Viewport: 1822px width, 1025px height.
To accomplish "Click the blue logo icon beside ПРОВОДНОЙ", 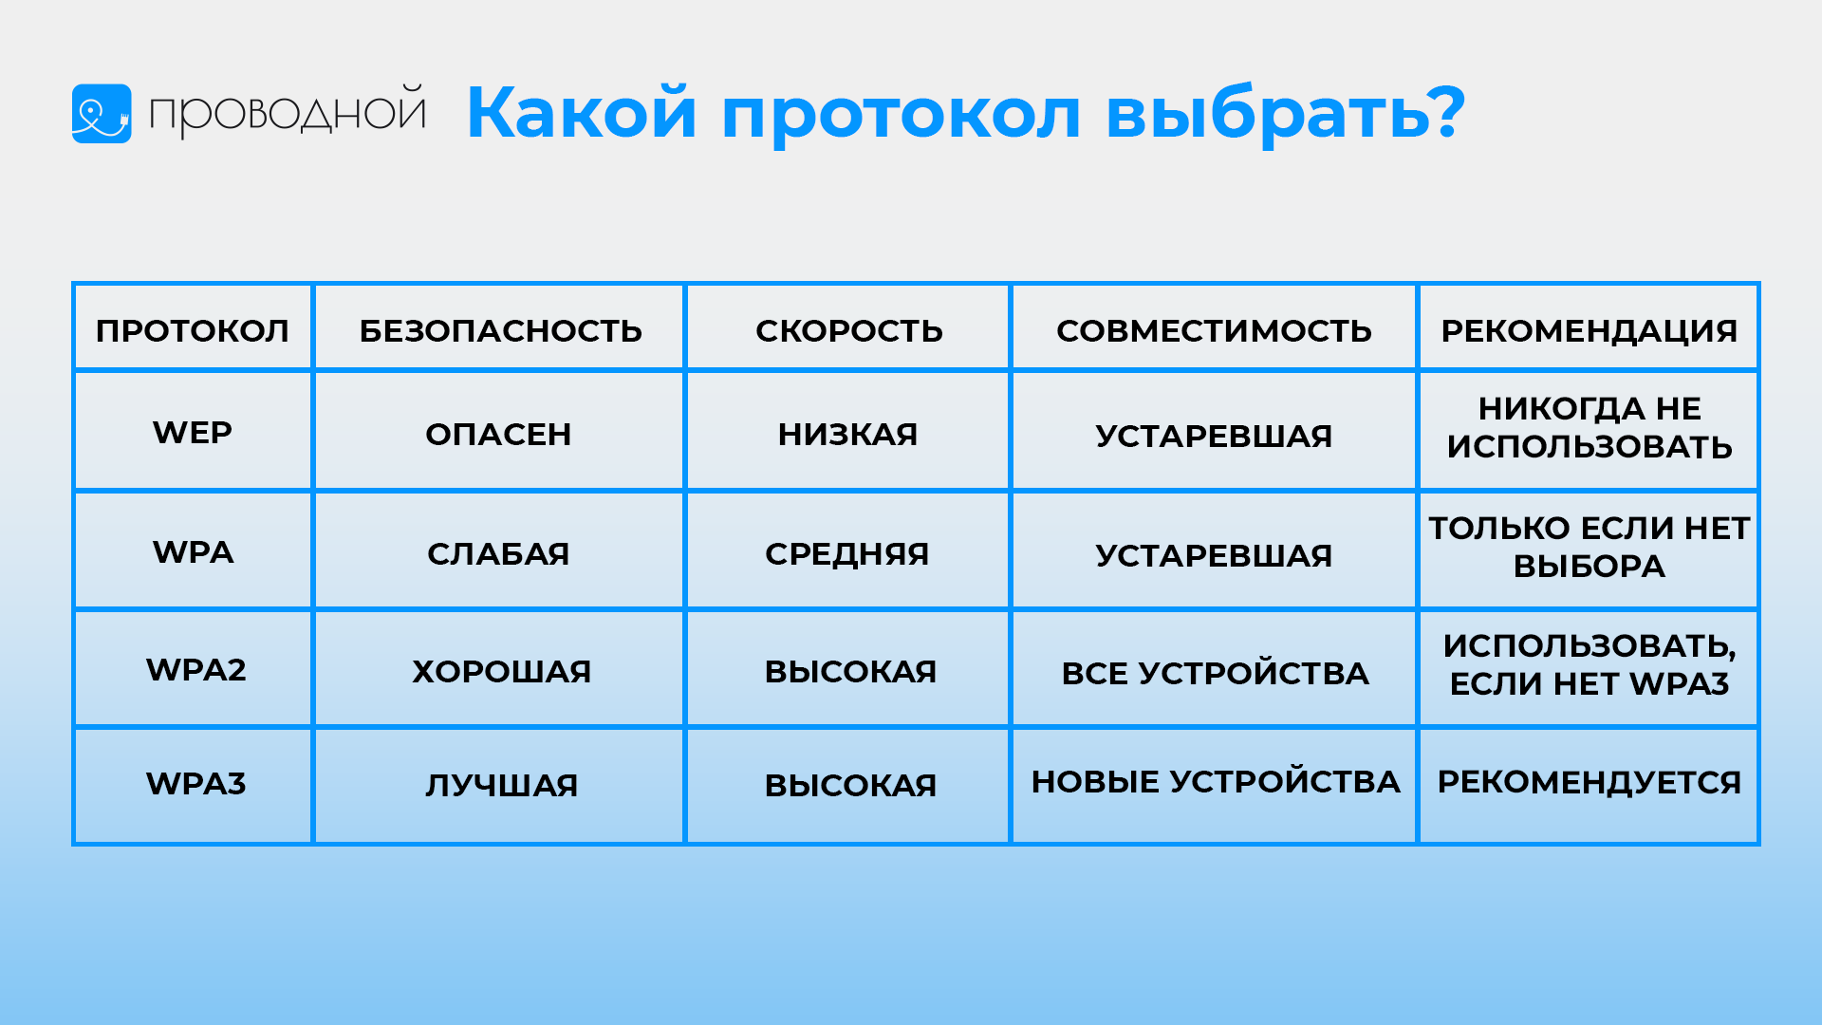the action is point(102,114).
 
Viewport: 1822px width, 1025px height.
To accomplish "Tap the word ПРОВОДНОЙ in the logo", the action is point(288,112).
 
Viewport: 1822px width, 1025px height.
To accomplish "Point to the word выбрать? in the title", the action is point(1286,113).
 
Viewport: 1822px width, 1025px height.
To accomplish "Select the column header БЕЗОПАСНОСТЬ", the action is point(501,330).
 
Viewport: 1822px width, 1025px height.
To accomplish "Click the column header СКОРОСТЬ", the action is point(849,330).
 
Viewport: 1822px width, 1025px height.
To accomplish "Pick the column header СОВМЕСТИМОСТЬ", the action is point(1215,330).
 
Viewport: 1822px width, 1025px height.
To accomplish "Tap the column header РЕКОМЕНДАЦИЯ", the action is point(1590,330).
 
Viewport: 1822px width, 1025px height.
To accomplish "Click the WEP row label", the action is point(193,433).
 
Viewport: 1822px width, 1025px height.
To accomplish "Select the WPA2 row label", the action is point(196,670).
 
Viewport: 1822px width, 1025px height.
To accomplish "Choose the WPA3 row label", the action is point(196,784).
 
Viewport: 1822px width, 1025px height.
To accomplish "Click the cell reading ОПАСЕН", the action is point(499,435).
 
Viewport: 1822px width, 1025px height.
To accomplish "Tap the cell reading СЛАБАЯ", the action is point(499,554).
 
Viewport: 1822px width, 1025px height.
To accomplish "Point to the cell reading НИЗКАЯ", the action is point(848,435).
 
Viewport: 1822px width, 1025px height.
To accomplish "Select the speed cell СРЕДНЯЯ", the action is point(847,554).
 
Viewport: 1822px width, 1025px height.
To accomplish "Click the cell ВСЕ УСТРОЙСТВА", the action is point(1216,673).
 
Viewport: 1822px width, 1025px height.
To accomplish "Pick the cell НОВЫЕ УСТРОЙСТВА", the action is point(1216,781).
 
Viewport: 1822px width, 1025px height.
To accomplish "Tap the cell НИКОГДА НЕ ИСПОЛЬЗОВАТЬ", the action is point(1590,427).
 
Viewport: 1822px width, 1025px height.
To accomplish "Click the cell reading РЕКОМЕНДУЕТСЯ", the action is point(1590,782).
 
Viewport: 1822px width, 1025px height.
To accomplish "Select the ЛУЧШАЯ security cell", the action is point(502,786).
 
